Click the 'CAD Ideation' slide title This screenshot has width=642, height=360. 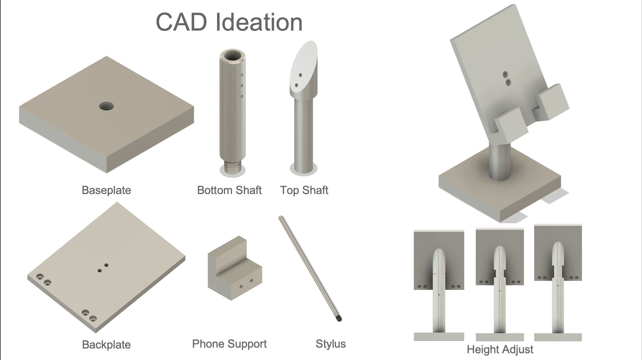pyautogui.click(x=229, y=22)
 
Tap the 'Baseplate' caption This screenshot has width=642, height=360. pyautogui.click(x=106, y=190)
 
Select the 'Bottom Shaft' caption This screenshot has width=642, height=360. pyautogui.click(x=229, y=190)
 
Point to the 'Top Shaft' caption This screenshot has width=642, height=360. pyautogui.click(x=304, y=190)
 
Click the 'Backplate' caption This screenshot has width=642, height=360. pyautogui.click(x=106, y=345)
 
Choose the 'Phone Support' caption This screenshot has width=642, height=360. pyautogui.click(x=229, y=344)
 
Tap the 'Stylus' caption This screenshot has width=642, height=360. pyautogui.click(x=331, y=344)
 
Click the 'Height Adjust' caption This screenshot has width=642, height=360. pyautogui.click(x=500, y=350)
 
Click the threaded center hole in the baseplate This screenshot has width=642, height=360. pyautogui.click(x=106, y=106)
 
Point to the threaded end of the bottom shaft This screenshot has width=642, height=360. pyautogui.click(x=232, y=168)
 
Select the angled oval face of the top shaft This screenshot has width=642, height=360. pyautogui.click(x=303, y=67)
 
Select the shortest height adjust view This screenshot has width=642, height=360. pyautogui.click(x=439, y=285)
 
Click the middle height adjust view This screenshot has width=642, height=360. pyautogui.click(x=500, y=284)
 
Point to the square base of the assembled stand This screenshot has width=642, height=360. pyautogui.click(x=500, y=194)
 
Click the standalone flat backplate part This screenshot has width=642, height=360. pyautogui.click(x=106, y=267)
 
